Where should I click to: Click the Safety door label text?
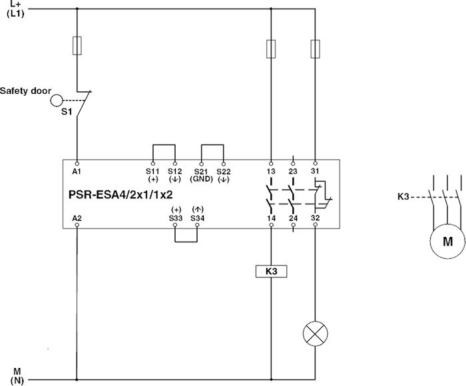pyautogui.click(x=25, y=90)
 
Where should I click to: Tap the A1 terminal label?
pyautogui.click(x=77, y=171)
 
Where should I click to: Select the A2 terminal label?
pyautogui.click(x=77, y=218)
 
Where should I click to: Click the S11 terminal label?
pyautogui.click(x=153, y=171)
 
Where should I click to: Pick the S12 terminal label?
pyautogui.click(x=174, y=171)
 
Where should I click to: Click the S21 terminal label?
pyautogui.click(x=201, y=171)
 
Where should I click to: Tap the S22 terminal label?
pyautogui.click(x=224, y=171)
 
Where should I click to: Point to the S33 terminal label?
pyautogui.click(x=175, y=218)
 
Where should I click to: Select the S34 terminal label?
pyautogui.click(x=198, y=218)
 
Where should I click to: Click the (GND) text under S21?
pyautogui.click(x=201, y=180)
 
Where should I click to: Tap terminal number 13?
pyautogui.click(x=271, y=171)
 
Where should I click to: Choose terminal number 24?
pyautogui.click(x=293, y=218)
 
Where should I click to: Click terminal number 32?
pyautogui.click(x=315, y=218)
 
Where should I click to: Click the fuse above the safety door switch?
pyautogui.click(x=77, y=45)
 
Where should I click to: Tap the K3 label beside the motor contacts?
pyautogui.click(x=403, y=196)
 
